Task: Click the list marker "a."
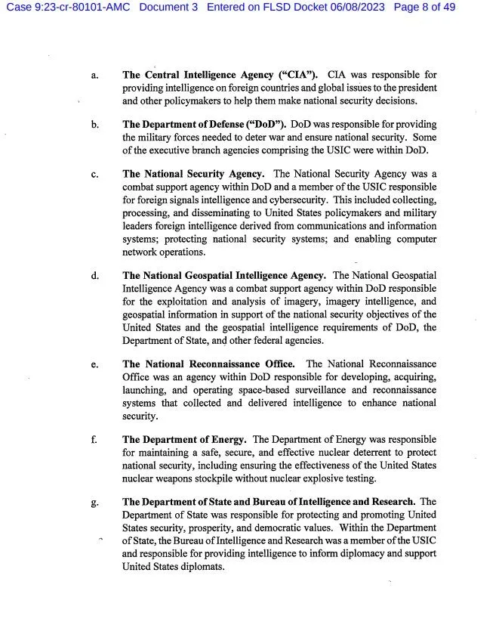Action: pyautogui.click(x=94, y=76)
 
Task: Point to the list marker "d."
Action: pyautogui.click(x=95, y=276)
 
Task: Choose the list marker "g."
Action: pyautogui.click(x=94, y=502)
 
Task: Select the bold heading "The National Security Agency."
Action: pyautogui.click(x=193, y=175)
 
